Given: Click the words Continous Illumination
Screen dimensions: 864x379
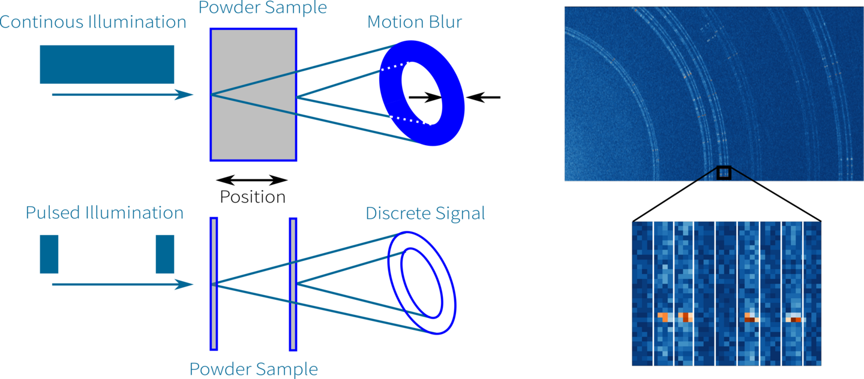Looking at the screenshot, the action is click(92, 22).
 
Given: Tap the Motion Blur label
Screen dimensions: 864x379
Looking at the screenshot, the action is click(414, 22).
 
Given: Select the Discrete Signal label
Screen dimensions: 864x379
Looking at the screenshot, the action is click(425, 213).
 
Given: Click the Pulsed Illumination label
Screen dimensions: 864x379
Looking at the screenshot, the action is click(104, 213).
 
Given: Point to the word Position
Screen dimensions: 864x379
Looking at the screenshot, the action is click(253, 197).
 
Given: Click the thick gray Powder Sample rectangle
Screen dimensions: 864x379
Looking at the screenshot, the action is click(253, 95).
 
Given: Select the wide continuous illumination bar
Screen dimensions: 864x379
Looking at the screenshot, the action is click(107, 64).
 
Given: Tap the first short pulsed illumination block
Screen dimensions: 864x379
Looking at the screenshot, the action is click(49, 254).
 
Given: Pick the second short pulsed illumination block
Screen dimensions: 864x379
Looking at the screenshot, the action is click(164, 254).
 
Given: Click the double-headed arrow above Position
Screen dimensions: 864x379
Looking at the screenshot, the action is click(252, 180).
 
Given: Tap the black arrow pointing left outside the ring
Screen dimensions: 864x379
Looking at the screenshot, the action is click(483, 97).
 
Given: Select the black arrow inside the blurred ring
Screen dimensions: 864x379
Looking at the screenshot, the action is click(425, 97).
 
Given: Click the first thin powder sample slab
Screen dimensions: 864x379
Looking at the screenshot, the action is click(214, 284).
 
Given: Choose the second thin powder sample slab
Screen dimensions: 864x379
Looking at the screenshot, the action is click(293, 284).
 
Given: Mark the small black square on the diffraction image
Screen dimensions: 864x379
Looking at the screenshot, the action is click(724, 173).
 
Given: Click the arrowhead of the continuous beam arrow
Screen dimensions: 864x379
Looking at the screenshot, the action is click(184, 95).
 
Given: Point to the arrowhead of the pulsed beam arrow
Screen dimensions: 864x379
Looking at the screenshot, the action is click(184, 284).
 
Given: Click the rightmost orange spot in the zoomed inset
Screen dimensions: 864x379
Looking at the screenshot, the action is click(794, 318).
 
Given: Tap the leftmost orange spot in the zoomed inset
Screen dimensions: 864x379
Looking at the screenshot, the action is click(664, 317).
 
